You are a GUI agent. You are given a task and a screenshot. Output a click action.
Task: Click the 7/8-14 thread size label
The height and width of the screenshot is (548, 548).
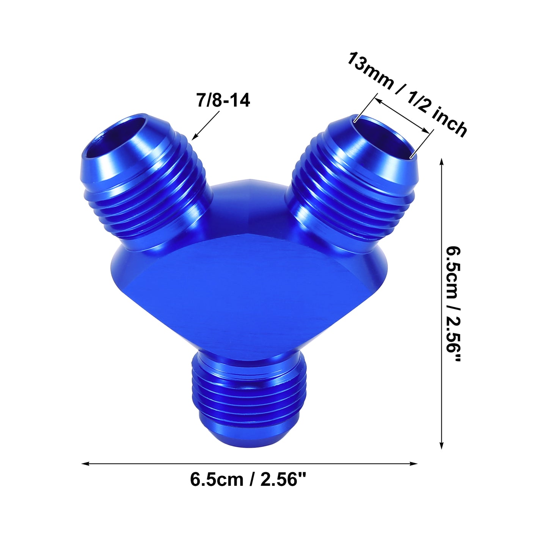(223, 100)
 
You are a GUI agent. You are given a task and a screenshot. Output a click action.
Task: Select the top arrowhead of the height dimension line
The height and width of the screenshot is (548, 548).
(442, 162)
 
